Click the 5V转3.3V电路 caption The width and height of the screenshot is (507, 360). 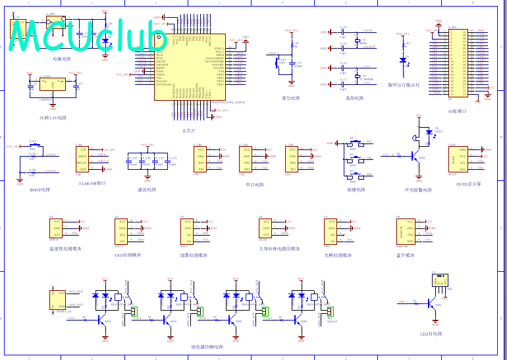[53, 118]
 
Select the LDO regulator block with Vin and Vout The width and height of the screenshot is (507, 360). [53, 86]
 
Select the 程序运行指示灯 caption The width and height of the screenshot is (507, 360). [404, 85]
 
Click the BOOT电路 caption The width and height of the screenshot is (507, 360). [40, 190]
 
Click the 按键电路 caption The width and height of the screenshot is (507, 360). [356, 190]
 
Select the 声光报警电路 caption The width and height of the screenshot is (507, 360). [418, 190]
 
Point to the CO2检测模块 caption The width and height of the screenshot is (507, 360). [127, 255]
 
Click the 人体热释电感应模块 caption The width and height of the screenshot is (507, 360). [280, 248]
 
